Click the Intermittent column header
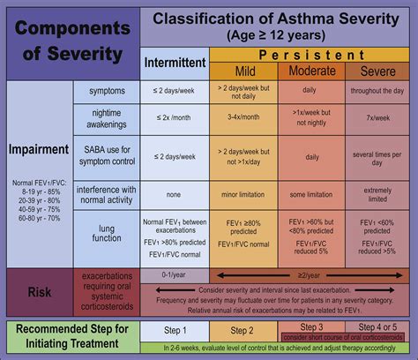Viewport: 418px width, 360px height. point(175,63)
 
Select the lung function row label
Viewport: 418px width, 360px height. point(106,234)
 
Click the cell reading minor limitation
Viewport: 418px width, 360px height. point(242,196)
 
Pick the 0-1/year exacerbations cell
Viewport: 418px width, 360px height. point(175,274)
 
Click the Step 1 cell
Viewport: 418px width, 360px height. point(175,329)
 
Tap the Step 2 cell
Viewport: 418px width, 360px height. point(242,329)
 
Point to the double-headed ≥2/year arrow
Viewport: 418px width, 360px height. point(309,274)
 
